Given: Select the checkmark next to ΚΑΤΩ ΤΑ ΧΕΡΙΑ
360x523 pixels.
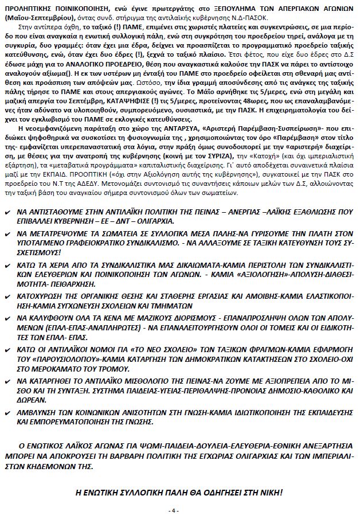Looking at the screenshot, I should coord(7,266).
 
